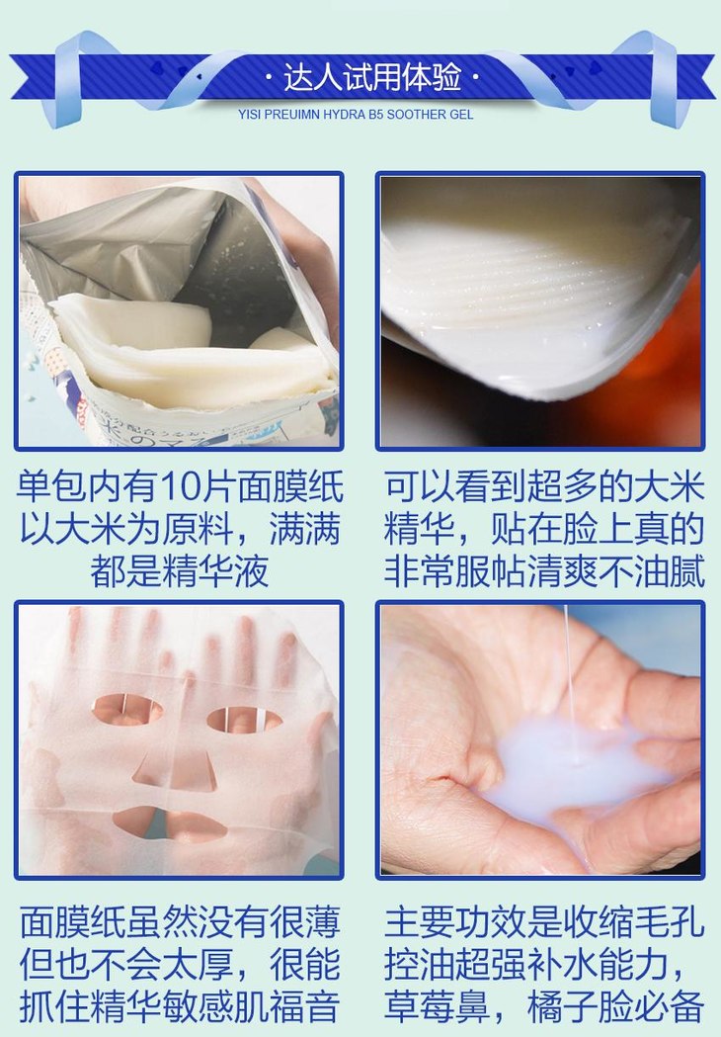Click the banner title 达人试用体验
372,77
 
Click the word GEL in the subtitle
461,115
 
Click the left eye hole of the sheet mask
126,710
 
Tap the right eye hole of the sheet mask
245,720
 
